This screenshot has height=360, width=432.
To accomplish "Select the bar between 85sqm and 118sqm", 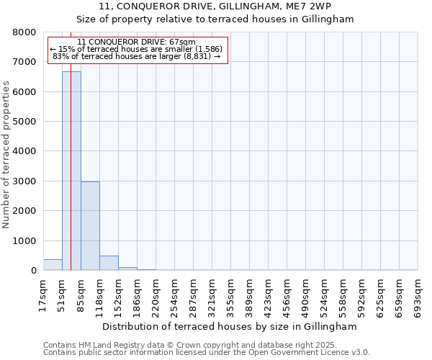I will click(90, 226).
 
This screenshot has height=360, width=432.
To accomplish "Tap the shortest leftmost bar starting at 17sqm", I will click(53, 265).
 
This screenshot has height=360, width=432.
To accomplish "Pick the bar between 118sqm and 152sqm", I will click(109, 264).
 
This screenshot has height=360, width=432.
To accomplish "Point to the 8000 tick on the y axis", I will click(25, 32).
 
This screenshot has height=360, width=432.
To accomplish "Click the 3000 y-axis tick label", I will click(25, 181).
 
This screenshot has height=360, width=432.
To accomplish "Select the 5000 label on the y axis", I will click(25, 122).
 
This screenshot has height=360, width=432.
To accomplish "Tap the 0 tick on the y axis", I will click(32, 271).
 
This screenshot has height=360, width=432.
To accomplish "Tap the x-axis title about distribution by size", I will click(230, 326).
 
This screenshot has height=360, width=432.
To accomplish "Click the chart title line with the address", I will click(215, 6).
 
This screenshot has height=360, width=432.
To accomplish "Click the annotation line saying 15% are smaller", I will click(136, 49).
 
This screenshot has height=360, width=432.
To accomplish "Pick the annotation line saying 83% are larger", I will click(136, 56).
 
